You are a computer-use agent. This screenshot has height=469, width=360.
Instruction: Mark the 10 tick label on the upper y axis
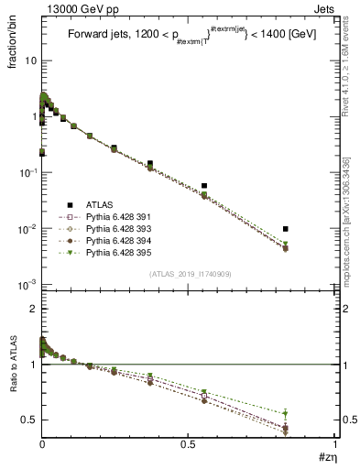(30, 60)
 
